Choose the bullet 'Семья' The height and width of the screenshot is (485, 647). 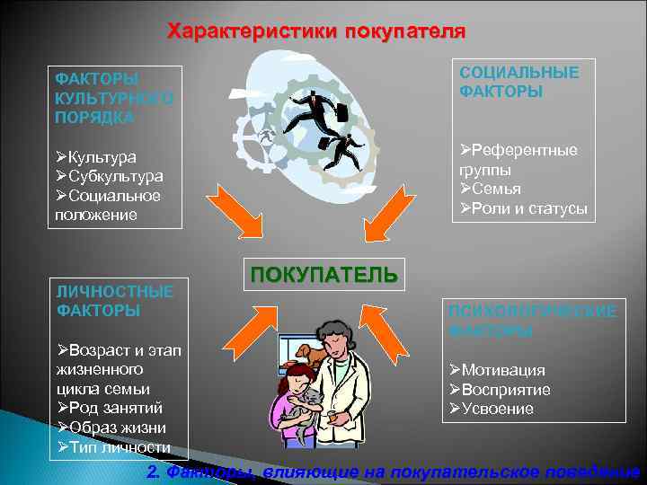click(x=495, y=189)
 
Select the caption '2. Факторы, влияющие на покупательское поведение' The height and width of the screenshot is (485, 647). click(x=394, y=472)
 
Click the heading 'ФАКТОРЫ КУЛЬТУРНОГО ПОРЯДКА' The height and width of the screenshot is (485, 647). click(x=113, y=98)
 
